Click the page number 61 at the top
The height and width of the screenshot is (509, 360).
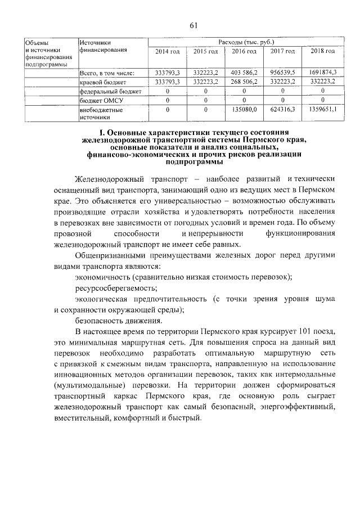(193, 25)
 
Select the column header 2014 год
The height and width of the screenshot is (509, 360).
(167, 51)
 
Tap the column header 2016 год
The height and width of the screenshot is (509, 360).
(244, 51)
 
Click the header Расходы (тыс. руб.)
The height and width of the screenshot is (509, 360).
(244, 42)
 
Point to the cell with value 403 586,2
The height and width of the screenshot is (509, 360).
(244, 72)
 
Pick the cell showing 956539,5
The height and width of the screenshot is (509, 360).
(282, 72)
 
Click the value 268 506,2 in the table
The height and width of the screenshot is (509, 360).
(244, 82)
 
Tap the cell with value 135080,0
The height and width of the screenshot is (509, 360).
(244, 110)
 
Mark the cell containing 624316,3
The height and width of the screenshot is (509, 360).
(282, 110)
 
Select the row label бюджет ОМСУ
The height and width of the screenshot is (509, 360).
(102, 100)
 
